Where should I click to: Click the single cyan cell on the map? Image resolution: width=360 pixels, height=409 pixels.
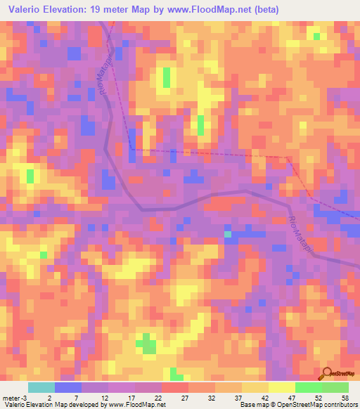[228, 233]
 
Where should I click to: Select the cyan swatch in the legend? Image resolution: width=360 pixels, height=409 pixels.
[41, 387]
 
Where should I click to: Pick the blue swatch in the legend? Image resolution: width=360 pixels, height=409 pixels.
[68, 387]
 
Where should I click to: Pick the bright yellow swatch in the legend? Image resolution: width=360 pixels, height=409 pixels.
[281, 387]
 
